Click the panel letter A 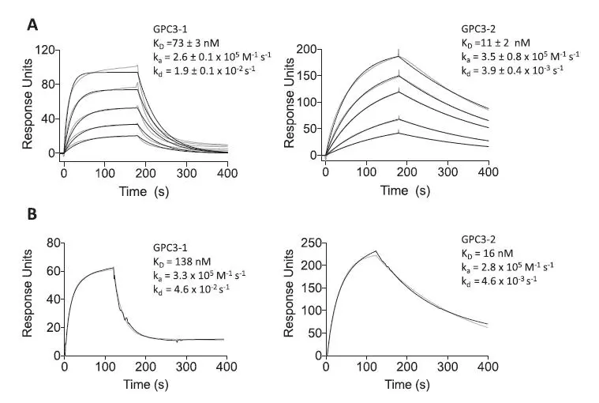click(32, 24)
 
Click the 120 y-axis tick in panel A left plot click(44, 51)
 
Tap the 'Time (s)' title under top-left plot click(143, 190)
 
